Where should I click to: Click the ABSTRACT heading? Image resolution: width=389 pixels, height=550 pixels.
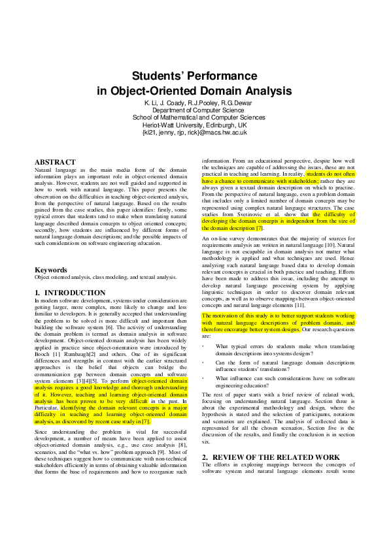(x=55, y=161)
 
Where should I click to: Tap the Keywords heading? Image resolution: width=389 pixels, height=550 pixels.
(x=50, y=269)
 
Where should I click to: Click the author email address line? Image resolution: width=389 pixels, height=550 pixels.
(x=194, y=132)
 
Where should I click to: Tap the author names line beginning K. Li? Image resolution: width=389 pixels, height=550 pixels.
(x=194, y=103)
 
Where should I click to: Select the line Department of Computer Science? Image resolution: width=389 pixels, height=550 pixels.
(x=194, y=110)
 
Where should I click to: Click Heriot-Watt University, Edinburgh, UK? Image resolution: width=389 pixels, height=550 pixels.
(x=194, y=125)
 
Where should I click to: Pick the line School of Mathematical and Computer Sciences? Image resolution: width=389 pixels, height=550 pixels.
(x=194, y=118)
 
